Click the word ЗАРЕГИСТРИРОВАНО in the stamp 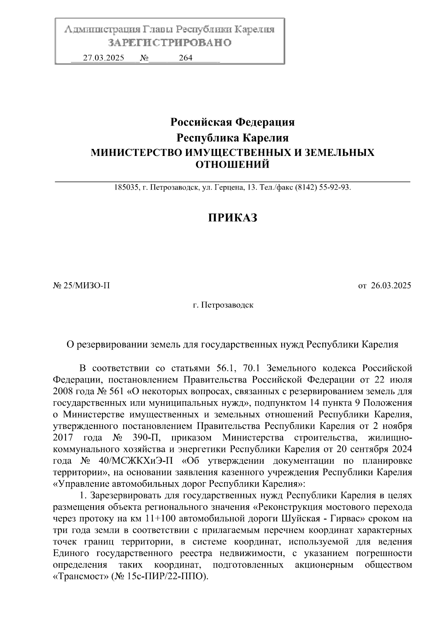(170, 43)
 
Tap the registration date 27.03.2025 (104, 58)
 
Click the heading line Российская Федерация (232, 122)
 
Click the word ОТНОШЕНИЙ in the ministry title (232, 164)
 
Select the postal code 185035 (126, 187)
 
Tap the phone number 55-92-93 (335, 187)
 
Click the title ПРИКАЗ (232, 218)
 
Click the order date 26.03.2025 (391, 286)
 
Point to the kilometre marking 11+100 (156, 518)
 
